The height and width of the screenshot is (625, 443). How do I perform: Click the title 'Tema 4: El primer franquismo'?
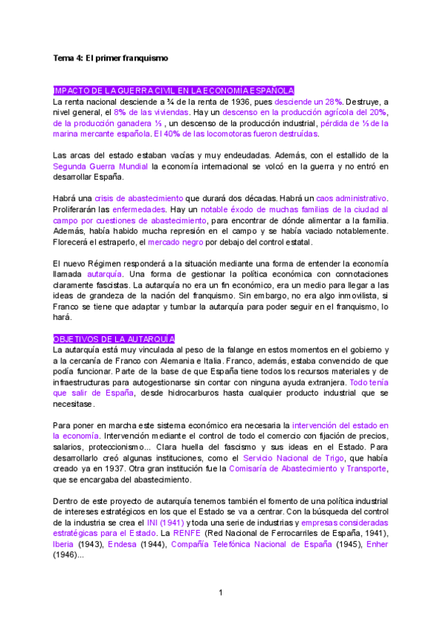pos(111,57)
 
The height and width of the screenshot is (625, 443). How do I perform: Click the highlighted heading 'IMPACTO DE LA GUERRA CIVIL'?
pos(174,90)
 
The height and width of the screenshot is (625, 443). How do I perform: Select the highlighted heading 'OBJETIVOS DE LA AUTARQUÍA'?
pos(114,339)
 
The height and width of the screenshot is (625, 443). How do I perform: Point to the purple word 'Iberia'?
pos(65,544)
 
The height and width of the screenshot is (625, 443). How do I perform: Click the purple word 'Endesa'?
pos(123,544)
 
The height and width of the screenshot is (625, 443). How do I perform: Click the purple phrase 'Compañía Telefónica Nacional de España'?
pos(250,544)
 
